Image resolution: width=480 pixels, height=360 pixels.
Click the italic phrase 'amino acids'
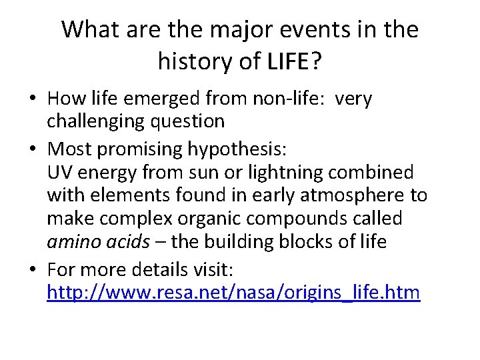point(98,241)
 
